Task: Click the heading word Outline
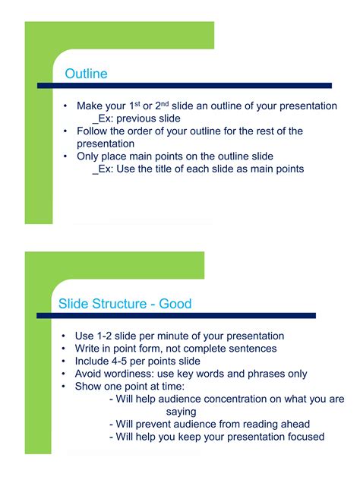86,74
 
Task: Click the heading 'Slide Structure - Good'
125,304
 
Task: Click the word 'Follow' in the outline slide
92,131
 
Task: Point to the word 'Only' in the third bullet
87,156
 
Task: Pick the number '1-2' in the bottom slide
106,336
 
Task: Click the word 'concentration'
222,399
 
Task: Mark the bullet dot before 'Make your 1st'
66,106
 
